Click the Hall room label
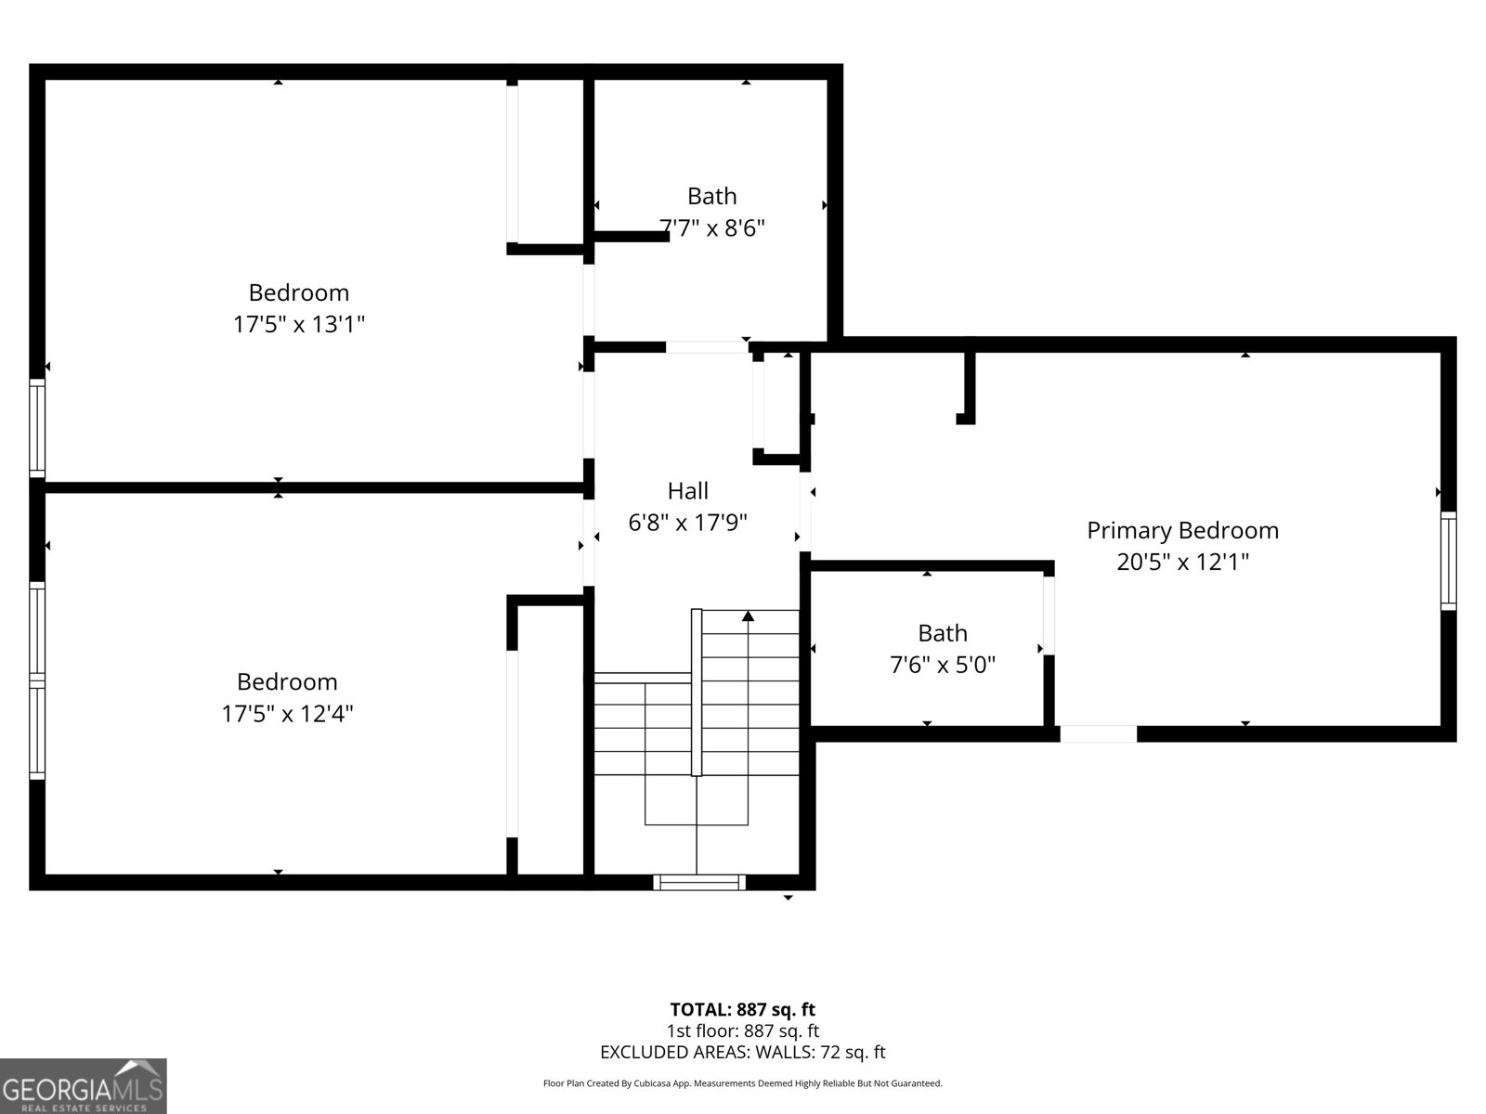[x=687, y=490]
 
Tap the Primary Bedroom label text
[x=1182, y=530]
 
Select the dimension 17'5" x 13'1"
[x=298, y=324]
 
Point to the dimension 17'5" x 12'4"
[x=287, y=713]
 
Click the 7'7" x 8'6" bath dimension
[x=712, y=227]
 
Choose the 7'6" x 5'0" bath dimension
[x=943, y=665]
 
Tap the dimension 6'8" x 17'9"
[x=687, y=523]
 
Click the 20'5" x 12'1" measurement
[x=1182, y=562]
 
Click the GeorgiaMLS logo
[x=84, y=1085]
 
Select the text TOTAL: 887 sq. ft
[x=742, y=1009]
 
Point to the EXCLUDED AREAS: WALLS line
[x=742, y=1052]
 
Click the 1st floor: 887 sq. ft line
[x=742, y=1030]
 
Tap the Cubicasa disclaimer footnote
[x=742, y=1083]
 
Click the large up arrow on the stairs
[x=748, y=615]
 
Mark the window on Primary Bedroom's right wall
[x=1448, y=561]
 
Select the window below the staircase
[x=698, y=882]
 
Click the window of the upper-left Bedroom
[x=37, y=428]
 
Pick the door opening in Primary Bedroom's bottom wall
[x=1098, y=733]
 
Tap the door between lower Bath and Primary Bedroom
[x=1049, y=615]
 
